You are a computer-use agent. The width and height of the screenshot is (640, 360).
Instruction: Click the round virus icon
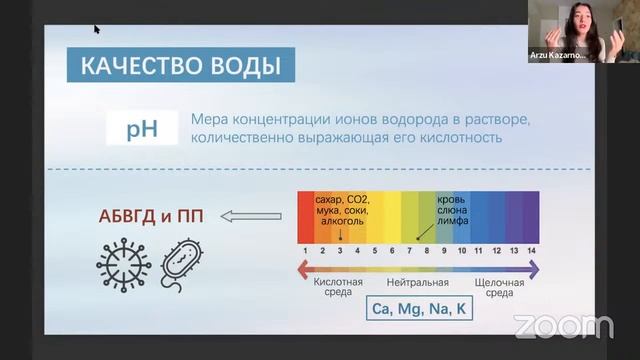point(123,264)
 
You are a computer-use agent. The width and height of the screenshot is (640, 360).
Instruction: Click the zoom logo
point(563,326)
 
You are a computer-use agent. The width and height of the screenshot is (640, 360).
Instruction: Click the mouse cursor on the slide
point(97,29)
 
